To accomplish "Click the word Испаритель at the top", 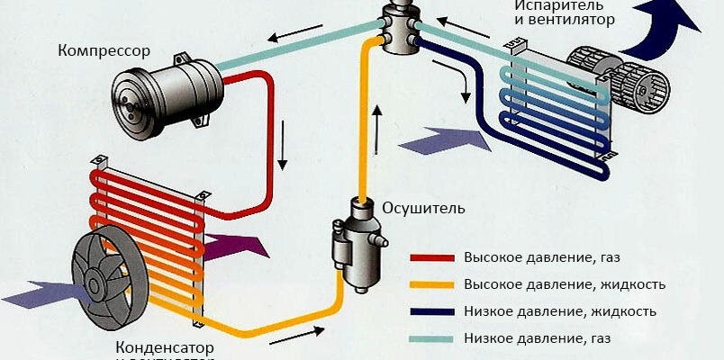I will pyautogui.click(x=552, y=4).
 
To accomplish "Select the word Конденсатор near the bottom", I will pyautogui.click(x=167, y=346).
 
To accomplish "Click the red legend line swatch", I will pyautogui.click(x=433, y=257).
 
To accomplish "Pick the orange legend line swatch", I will pyautogui.click(x=433, y=285).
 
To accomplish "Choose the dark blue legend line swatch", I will pyautogui.click(x=433, y=312).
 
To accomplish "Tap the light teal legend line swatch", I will pyautogui.click(x=433, y=339).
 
